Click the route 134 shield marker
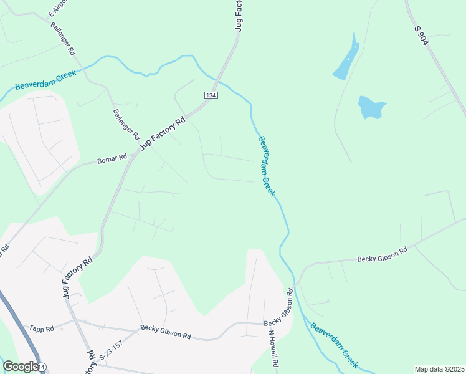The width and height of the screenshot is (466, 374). pos(210,95)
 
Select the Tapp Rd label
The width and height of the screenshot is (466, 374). pos(42,328)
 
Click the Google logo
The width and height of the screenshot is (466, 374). pos(20,367)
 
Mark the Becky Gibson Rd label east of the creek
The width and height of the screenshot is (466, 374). pos(381,254)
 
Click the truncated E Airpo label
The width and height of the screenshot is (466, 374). pos(57,7)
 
